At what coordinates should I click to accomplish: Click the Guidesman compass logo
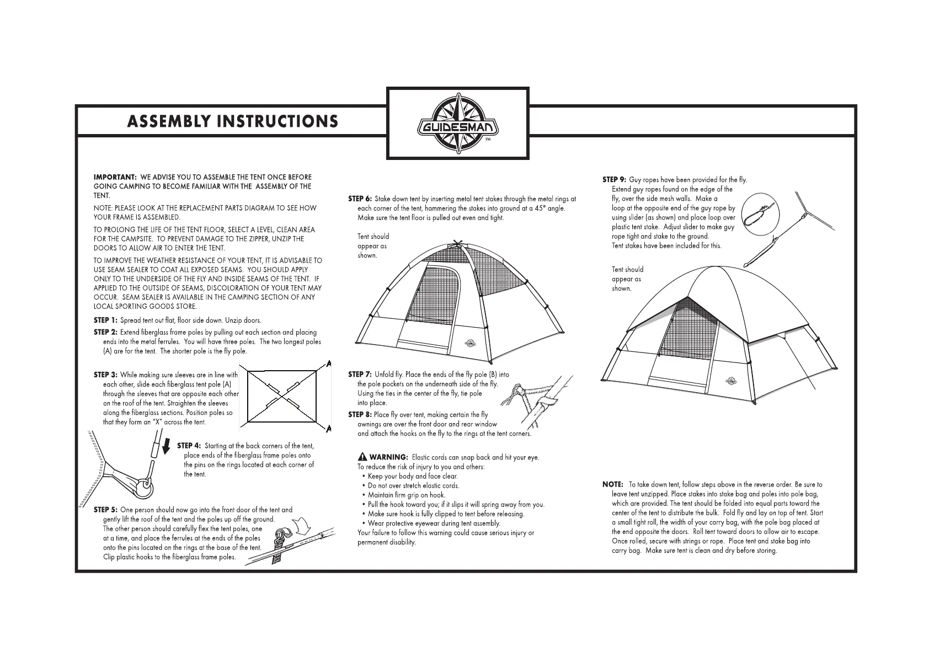coord(457,124)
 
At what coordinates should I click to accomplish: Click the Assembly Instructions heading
coord(232,122)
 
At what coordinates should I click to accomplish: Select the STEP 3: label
coord(105,375)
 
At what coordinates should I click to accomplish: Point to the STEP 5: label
coord(105,510)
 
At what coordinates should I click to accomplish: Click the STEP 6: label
coord(360,199)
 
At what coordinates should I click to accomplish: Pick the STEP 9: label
coord(614,180)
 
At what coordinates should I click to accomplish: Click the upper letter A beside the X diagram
coord(329,364)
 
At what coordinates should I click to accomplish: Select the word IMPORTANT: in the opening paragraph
coord(115,177)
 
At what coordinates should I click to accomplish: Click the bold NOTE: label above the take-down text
coord(613,484)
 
